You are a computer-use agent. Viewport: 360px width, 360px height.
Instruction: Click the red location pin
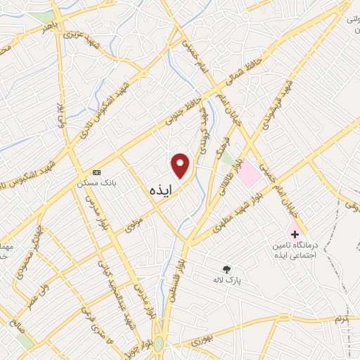coord(181,166)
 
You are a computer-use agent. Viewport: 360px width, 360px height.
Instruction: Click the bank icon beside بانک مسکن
coord(96,172)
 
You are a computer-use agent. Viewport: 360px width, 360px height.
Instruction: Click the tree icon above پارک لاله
coord(226,269)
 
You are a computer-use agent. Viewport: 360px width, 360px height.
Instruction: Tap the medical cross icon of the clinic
coord(294,233)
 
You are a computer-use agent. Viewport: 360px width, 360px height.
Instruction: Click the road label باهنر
coord(48,27)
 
